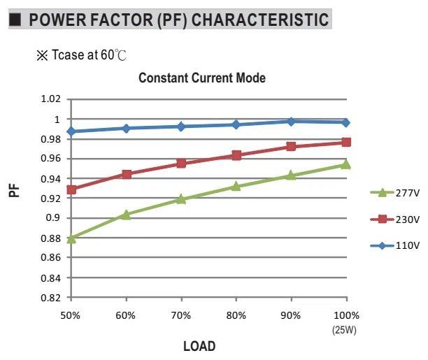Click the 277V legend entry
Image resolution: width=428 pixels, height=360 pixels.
[x=394, y=193]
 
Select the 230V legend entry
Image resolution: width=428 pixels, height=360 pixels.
[x=394, y=219]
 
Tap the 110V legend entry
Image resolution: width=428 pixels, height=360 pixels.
[x=394, y=245]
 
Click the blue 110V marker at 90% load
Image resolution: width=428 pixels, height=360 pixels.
[x=291, y=122]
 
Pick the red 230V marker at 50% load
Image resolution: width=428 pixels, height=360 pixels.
[x=71, y=189]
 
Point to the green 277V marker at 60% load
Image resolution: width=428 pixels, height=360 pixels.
[x=126, y=215]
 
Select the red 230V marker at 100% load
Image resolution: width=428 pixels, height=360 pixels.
[x=346, y=142]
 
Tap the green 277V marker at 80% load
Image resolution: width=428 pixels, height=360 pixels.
[x=236, y=186]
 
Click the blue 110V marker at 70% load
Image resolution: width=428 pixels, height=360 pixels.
[x=181, y=127]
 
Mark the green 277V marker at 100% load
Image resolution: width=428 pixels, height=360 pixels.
[x=346, y=164]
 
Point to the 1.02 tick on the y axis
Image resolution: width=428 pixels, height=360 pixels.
[x=51, y=99]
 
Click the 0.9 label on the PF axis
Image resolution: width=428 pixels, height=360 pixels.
[x=53, y=218]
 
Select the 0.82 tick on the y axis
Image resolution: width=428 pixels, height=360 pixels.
[x=51, y=298]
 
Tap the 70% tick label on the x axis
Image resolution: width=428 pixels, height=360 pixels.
[x=181, y=315]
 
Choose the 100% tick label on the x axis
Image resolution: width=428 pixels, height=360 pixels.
[x=346, y=315]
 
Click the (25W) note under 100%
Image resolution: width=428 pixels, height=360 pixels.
[x=344, y=330]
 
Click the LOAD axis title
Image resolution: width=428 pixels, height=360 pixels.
[x=199, y=346]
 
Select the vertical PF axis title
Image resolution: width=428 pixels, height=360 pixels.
[x=14, y=191]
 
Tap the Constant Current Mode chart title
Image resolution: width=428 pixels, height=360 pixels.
[x=202, y=78]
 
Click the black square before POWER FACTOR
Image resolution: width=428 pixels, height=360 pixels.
[x=15, y=20]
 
